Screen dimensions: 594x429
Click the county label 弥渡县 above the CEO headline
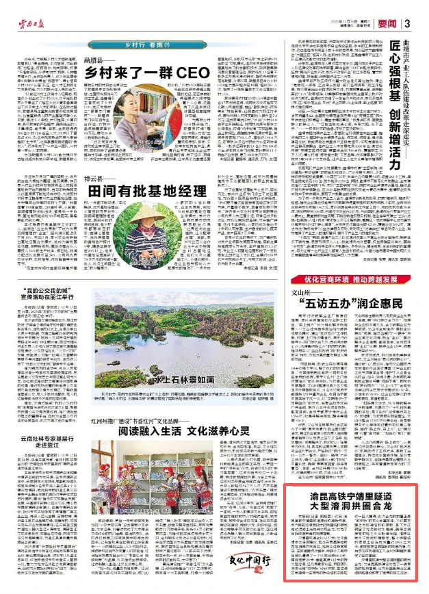[95, 60]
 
